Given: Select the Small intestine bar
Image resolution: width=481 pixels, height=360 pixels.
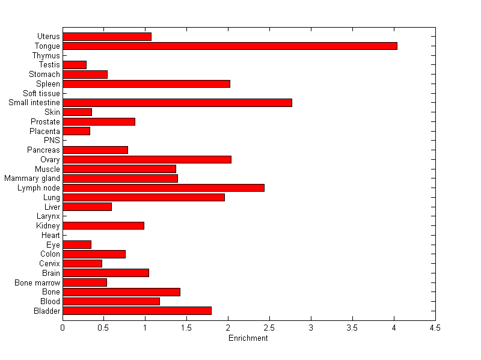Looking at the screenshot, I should [x=177, y=103].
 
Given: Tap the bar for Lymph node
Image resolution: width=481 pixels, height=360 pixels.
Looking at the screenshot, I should [x=164, y=188].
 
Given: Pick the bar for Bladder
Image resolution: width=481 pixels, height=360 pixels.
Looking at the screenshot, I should [x=137, y=311].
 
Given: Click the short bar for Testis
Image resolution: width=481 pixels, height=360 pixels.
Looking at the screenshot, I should [x=75, y=65].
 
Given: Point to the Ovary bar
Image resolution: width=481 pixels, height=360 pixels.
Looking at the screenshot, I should [x=147, y=159].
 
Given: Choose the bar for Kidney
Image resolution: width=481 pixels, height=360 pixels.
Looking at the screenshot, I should [x=103, y=225].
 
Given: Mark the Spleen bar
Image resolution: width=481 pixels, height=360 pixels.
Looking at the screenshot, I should [x=146, y=84].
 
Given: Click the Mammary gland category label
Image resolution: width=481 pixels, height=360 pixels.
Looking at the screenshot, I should [x=32, y=178].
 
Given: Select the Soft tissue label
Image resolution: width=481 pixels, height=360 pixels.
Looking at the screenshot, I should [x=41, y=93].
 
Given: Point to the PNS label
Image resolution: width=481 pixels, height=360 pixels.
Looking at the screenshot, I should [x=52, y=141].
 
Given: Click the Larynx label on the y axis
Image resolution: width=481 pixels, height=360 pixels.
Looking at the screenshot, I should [x=48, y=216].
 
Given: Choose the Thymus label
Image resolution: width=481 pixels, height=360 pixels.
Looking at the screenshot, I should [x=46, y=55].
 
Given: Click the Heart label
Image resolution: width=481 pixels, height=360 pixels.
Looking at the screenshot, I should [x=51, y=235].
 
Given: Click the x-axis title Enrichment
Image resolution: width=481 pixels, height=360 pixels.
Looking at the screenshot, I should [x=248, y=338].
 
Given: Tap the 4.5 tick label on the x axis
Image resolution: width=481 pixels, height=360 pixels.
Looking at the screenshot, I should [x=435, y=328].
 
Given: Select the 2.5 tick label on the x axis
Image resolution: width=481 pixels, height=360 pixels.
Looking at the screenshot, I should [x=269, y=328].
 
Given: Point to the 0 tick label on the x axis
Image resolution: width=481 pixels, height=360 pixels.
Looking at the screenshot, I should [x=63, y=328].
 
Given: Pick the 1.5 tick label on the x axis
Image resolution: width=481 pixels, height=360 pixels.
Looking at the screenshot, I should [x=186, y=328].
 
